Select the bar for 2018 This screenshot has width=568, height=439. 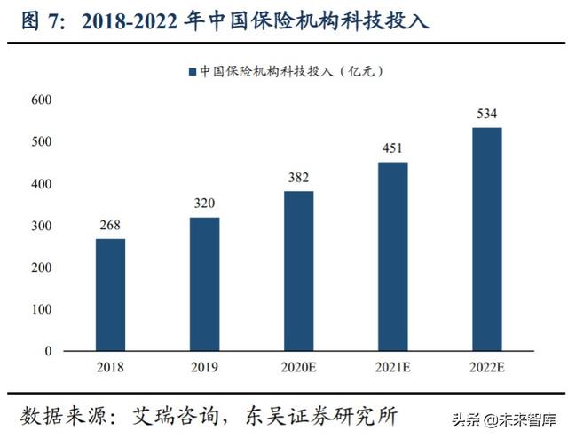click(110, 295)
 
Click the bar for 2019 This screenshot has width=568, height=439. click(204, 284)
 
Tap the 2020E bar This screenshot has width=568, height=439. click(298, 271)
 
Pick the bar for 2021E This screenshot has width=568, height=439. click(393, 257)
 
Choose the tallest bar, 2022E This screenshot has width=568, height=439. click(486, 239)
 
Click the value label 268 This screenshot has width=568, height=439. click(110, 226)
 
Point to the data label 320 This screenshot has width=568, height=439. click(204, 204)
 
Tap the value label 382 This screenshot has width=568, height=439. click(298, 178)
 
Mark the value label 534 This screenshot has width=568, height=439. click(486, 114)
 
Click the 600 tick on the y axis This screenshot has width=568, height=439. click(41, 100)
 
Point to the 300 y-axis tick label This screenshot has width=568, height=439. click(41, 226)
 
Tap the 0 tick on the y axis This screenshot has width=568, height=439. click(48, 351)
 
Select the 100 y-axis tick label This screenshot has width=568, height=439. click(41, 309)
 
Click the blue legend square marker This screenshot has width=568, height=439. click(191, 70)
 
